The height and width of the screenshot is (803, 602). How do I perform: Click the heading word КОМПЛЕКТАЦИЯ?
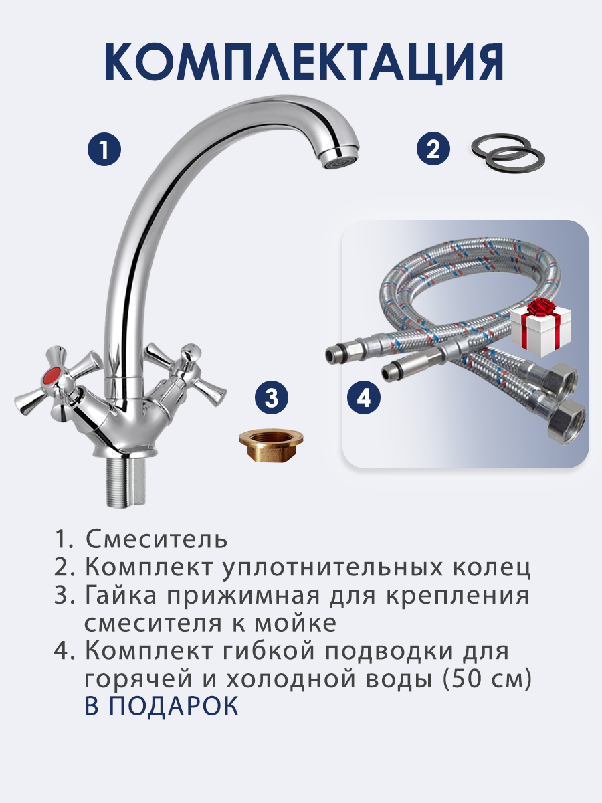tap(304, 63)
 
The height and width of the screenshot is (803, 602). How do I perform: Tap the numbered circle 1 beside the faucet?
tap(104, 149)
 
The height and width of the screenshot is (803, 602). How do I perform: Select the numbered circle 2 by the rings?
tap(433, 149)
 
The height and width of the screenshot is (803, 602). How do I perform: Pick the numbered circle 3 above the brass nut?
tap(271, 397)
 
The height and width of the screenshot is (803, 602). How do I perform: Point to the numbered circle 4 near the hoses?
tap(364, 397)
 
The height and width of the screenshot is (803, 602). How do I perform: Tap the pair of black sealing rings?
tap(508, 153)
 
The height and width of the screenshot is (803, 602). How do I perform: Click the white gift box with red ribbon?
tap(541, 328)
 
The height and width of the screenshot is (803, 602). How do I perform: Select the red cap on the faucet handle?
tap(54, 375)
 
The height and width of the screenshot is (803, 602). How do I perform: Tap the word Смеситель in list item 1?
tap(157, 539)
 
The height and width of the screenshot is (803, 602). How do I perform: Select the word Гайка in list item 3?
tap(121, 596)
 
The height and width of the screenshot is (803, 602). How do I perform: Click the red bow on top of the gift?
tap(542, 306)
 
